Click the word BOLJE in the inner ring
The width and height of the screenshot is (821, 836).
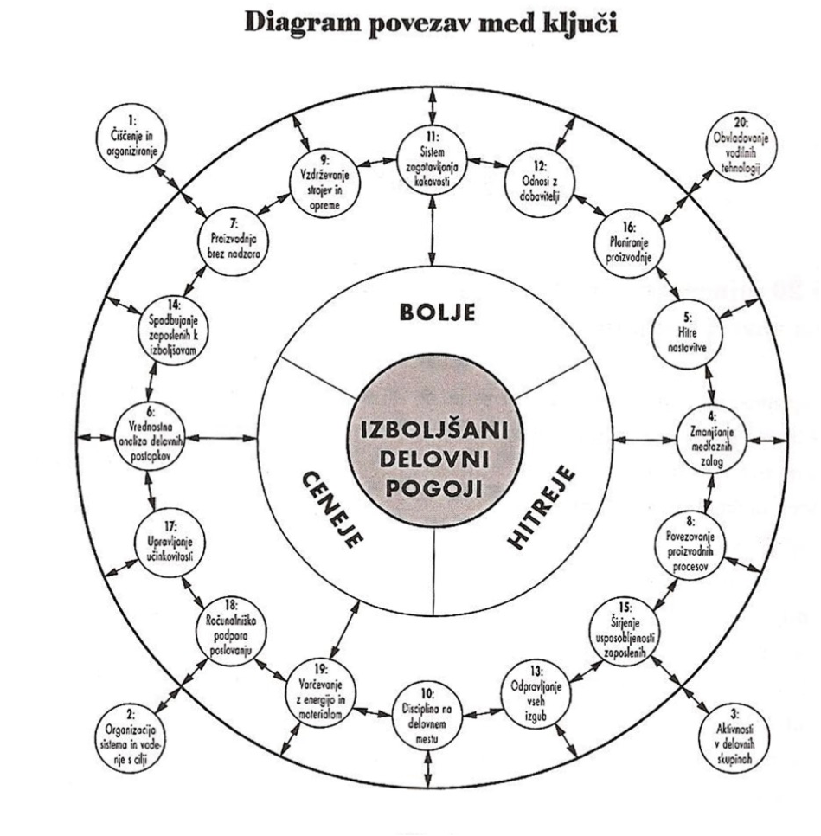[437, 312]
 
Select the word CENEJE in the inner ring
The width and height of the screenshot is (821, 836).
[333, 507]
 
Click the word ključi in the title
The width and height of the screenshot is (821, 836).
[578, 23]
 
